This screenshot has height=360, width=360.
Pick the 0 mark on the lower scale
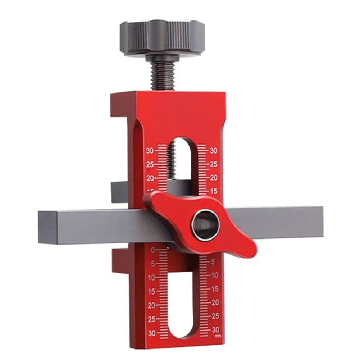click(153, 250)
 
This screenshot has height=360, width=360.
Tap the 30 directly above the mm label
click(215, 330)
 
